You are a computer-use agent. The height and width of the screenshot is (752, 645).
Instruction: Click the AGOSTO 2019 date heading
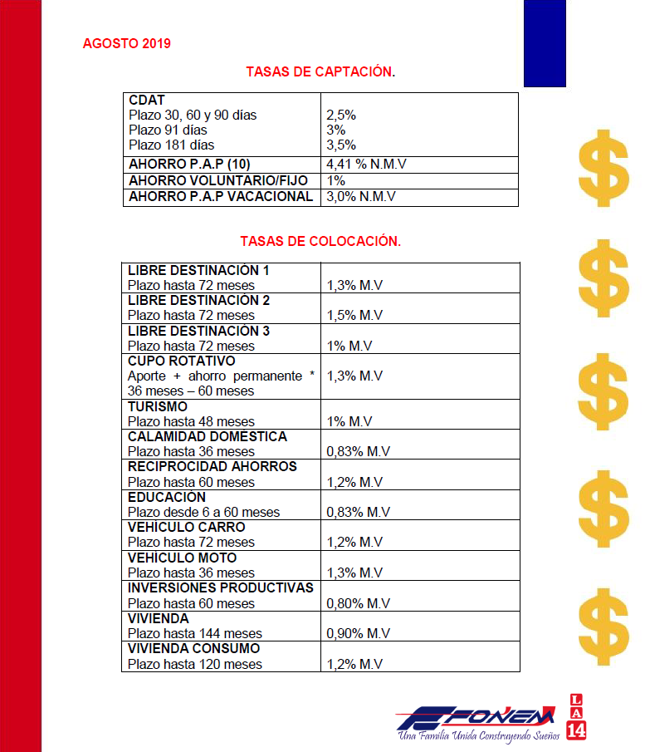click(x=127, y=43)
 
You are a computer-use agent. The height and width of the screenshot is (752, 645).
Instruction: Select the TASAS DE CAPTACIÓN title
click(x=320, y=72)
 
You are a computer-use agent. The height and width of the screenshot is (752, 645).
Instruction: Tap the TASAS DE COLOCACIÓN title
click(x=320, y=242)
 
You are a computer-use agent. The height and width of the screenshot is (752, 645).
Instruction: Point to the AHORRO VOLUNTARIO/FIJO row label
click(x=218, y=180)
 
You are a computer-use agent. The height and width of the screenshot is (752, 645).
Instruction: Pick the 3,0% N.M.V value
click(x=361, y=197)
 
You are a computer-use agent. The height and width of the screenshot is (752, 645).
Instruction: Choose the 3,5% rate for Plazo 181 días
click(x=342, y=145)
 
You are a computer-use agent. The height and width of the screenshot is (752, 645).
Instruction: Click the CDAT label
click(x=148, y=101)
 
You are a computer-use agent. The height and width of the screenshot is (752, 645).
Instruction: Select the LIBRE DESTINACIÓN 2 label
click(x=198, y=300)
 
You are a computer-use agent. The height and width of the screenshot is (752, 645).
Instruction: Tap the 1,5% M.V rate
click(x=354, y=316)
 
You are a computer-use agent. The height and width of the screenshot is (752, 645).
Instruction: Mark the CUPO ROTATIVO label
click(x=182, y=361)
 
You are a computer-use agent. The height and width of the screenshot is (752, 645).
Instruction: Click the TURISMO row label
click(x=158, y=406)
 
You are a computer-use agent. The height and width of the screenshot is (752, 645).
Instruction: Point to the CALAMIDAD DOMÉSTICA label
click(x=208, y=436)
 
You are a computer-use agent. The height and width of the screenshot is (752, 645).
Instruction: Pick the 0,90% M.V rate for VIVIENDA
click(x=358, y=633)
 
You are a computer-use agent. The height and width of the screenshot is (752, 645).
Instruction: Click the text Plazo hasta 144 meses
click(x=195, y=633)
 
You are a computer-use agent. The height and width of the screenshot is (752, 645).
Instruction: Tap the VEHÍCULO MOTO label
click(x=182, y=558)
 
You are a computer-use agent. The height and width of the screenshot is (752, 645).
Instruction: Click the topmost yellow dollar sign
click(x=604, y=168)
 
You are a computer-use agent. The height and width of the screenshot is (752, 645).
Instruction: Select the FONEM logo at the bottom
click(x=476, y=718)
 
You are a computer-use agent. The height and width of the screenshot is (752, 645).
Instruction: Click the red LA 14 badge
click(x=576, y=716)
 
